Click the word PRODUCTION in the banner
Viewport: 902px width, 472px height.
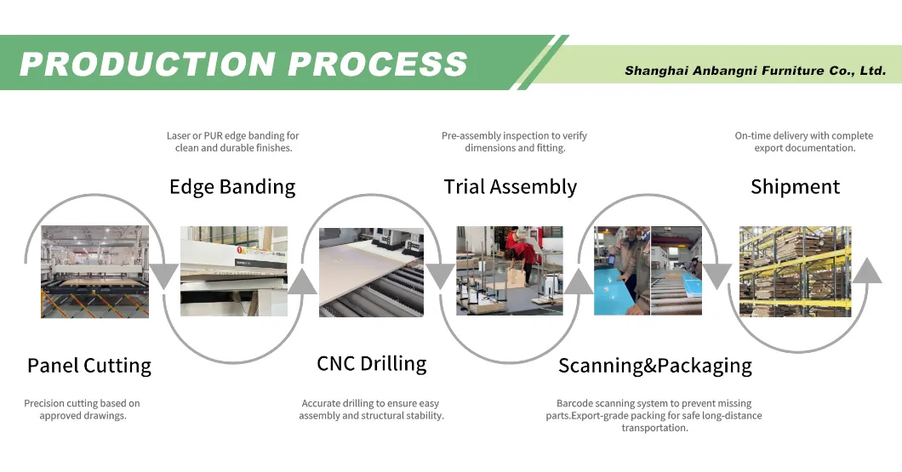pyautogui.click(x=147, y=64)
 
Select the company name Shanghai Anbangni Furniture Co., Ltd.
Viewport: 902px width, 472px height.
pyautogui.click(x=755, y=71)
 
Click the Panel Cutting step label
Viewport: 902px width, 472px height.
pyautogui.click(x=89, y=366)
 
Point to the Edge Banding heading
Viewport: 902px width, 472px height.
pyautogui.click(x=232, y=187)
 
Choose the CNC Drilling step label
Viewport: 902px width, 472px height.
pyautogui.click(x=371, y=364)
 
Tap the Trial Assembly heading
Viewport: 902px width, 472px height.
pyautogui.click(x=511, y=187)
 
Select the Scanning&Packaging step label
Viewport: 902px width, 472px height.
pyautogui.click(x=655, y=367)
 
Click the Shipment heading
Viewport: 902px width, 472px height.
pyautogui.click(x=795, y=187)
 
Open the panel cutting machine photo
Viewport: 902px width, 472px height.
pyautogui.click(x=95, y=272)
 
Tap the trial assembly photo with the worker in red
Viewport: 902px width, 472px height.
pyautogui.click(x=510, y=270)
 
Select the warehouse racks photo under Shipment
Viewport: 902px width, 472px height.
pyautogui.click(x=795, y=271)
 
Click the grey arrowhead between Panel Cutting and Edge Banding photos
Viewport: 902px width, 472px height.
pyautogui.click(x=164, y=276)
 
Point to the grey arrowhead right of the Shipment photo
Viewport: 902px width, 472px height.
pyautogui.click(x=866, y=270)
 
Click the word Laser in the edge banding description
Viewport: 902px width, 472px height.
pyautogui.click(x=179, y=135)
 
